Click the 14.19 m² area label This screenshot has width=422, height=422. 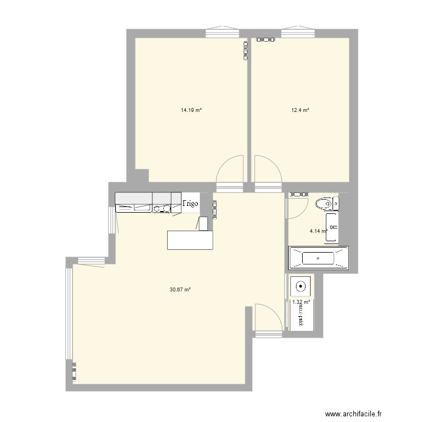click(191, 111)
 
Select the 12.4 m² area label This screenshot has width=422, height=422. click(300, 111)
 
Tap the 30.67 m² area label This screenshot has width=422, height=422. click(180, 290)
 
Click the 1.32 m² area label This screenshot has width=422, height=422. click(301, 302)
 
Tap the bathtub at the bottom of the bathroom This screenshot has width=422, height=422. click(318, 259)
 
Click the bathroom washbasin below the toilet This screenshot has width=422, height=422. click(331, 228)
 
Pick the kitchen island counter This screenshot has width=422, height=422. click(191, 240)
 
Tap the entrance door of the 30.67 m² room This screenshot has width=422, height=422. click(267, 318)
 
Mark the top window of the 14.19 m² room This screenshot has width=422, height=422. click(222, 33)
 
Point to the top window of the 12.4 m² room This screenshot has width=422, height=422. click(298, 33)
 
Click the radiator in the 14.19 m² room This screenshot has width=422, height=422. click(245, 51)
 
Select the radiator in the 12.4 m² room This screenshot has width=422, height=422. click(266, 40)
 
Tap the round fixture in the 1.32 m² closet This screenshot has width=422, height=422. click(301, 286)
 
